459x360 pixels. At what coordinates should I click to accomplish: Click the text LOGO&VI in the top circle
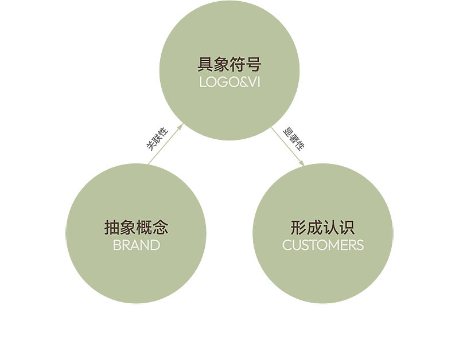(229, 82)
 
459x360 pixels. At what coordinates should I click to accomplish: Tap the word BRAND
(136, 245)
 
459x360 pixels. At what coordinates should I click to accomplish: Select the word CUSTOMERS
(323, 245)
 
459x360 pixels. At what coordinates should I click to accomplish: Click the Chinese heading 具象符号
(229, 64)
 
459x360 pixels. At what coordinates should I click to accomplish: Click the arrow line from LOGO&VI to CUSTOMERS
(289, 148)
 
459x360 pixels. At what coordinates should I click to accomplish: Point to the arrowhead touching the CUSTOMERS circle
(302, 165)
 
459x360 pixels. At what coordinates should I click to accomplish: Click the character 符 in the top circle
(238, 64)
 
